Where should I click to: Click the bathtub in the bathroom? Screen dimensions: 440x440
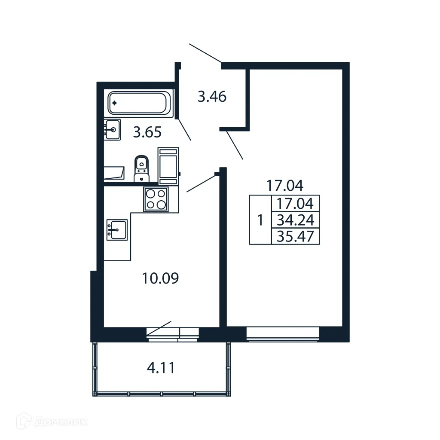tap(139, 103)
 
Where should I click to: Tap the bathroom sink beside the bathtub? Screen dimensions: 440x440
tap(113, 129)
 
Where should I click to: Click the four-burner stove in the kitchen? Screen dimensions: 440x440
tap(156, 199)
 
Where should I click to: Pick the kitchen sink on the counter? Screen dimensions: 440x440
tap(116, 230)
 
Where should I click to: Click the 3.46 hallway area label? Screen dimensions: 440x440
tap(212, 97)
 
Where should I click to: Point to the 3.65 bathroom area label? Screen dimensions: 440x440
tap(147, 132)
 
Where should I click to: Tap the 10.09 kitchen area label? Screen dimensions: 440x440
tap(160, 278)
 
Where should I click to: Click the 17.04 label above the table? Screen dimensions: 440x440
tap(284, 186)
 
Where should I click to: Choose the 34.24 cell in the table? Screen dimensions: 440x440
tap(295, 220)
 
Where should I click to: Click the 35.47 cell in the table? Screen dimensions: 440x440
tap(295, 236)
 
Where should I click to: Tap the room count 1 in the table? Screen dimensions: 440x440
tap(260, 220)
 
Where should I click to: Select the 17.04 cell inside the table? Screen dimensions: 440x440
tap(295, 203)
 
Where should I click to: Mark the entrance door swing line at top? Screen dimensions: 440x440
tap(205, 53)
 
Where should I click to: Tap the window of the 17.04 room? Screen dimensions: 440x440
tap(283, 334)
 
